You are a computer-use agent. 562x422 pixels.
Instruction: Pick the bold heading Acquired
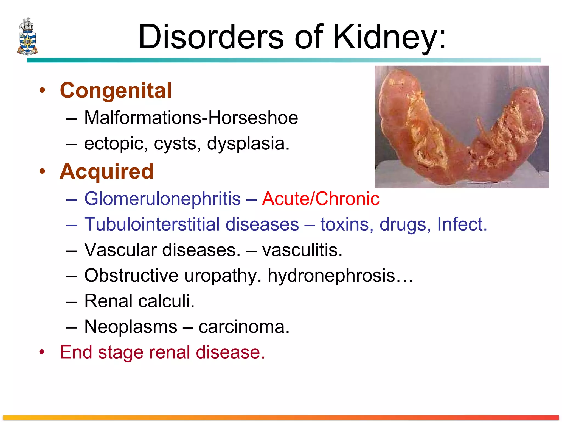point(107,171)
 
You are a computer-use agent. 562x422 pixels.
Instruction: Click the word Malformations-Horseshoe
point(191,118)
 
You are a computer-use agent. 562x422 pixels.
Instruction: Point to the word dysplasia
point(248,143)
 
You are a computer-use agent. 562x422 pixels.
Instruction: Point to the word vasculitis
point(302,250)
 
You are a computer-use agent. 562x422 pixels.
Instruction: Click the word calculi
point(166,301)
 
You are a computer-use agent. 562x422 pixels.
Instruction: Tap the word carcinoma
point(244,327)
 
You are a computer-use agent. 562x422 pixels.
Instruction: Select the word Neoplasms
point(131,327)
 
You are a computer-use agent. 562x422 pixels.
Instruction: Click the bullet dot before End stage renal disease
point(42,352)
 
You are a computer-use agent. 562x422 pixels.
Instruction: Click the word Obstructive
point(131,275)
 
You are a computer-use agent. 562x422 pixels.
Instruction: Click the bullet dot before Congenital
point(42,90)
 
